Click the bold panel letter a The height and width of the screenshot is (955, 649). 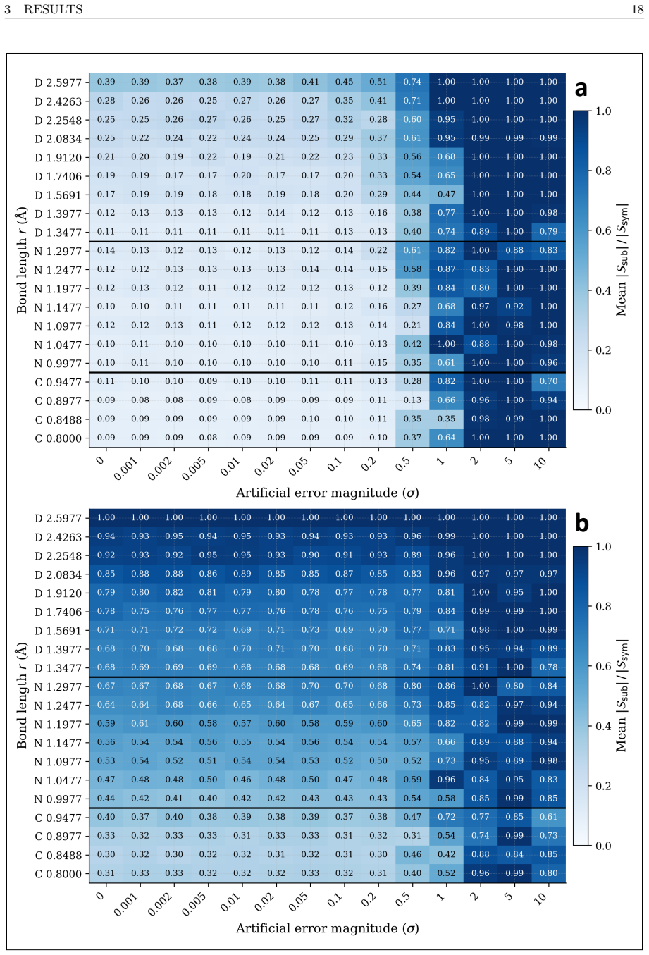[581, 89]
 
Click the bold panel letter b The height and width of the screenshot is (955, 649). [581, 524]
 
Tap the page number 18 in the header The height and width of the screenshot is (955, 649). [638, 9]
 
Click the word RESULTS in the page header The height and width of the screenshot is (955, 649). [54, 9]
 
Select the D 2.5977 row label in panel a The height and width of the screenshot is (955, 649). [58, 82]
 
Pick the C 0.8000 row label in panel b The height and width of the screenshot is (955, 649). [58, 873]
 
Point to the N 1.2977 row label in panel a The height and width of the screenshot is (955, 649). [58, 251]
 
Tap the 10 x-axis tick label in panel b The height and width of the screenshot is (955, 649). [540, 897]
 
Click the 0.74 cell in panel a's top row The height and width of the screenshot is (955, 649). [412, 82]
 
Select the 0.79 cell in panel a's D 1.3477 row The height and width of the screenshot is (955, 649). [548, 231]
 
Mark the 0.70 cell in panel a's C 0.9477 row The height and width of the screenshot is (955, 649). [548, 381]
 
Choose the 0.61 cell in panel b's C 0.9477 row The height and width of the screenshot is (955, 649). [548, 816]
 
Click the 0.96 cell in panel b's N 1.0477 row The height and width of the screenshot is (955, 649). [446, 779]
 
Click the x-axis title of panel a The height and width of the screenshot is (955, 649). [327, 493]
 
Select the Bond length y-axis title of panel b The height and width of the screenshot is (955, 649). [22, 696]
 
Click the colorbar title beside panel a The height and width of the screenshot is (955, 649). [622, 260]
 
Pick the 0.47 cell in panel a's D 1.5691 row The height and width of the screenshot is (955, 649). [446, 194]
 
